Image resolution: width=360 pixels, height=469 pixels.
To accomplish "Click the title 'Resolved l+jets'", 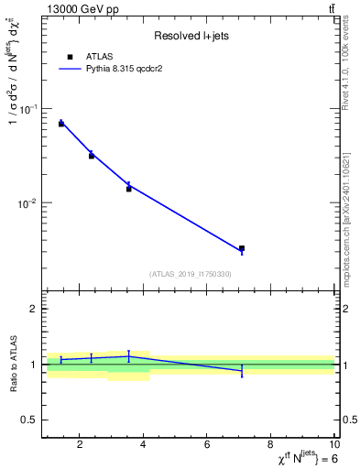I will [x=189, y=36].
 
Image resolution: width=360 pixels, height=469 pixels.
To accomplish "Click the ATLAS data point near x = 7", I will [x=242, y=248].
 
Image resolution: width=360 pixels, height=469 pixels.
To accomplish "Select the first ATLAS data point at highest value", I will [x=61, y=123].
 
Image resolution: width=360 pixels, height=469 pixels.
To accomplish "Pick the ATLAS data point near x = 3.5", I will [x=129, y=189].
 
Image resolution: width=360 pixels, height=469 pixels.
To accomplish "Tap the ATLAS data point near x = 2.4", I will [x=92, y=156].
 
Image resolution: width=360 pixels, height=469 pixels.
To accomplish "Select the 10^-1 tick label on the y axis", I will [x=28, y=109].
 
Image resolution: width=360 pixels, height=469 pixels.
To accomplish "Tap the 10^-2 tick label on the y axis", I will [x=28, y=202].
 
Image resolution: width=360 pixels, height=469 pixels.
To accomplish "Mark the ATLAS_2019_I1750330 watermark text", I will [x=189, y=274].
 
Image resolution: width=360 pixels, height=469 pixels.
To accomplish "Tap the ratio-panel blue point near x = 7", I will [x=242, y=370].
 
